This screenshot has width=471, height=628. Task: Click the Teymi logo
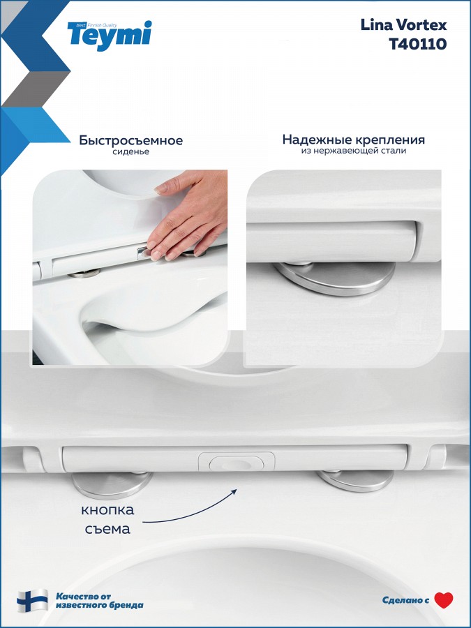[x=110, y=36]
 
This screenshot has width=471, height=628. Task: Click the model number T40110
[x=418, y=44]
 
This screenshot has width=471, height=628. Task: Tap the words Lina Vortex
[x=403, y=25]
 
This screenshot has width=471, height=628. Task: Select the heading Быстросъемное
[x=130, y=140]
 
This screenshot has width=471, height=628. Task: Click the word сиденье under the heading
[x=130, y=152]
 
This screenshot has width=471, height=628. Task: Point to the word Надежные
[x=317, y=140]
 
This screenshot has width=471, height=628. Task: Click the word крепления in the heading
[x=389, y=140]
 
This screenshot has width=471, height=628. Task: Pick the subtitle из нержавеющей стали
[x=354, y=151]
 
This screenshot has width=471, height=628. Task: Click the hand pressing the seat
[x=188, y=216]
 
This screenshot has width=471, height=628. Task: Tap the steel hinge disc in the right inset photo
[x=335, y=278]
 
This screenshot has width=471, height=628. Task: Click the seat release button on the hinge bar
[x=237, y=462]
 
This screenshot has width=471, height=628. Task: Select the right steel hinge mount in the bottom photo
[x=355, y=480]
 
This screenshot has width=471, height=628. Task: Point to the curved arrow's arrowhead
[x=234, y=491]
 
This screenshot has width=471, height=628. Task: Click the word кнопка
[x=107, y=510]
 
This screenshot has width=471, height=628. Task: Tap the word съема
[x=107, y=529]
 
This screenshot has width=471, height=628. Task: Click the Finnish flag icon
[x=32, y=600]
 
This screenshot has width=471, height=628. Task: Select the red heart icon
[x=443, y=600]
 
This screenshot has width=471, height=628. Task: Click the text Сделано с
[x=405, y=600]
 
